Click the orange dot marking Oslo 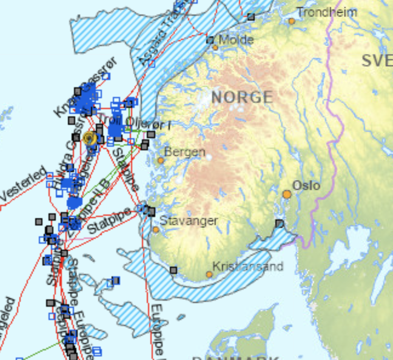[x=287, y=195]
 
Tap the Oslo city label [x=306, y=185]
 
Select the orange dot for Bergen [x=161, y=161]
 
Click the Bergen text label [x=184, y=152]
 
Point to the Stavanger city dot [x=156, y=230]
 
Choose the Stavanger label [x=189, y=221]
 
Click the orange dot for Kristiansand [x=209, y=275]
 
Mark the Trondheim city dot [x=291, y=21]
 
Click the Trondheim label [x=327, y=12]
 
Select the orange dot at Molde [x=215, y=47]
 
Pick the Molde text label [x=236, y=39]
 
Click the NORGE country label [x=242, y=96]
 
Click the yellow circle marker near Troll [x=90, y=138]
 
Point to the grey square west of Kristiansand [x=173, y=270]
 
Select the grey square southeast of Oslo [x=279, y=224]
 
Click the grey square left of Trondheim [x=251, y=17]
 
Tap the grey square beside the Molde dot [x=210, y=41]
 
